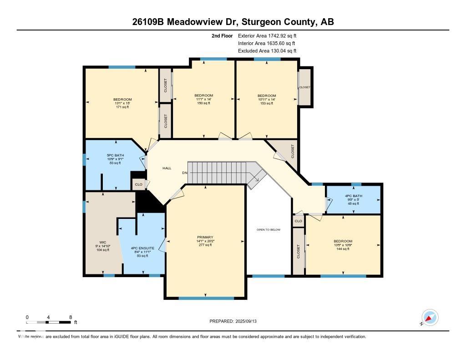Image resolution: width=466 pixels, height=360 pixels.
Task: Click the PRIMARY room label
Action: point(205,237)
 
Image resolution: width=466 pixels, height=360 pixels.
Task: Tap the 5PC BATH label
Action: point(116,155)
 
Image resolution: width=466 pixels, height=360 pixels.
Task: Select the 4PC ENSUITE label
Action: point(142,248)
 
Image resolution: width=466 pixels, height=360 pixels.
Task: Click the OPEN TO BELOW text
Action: point(268,230)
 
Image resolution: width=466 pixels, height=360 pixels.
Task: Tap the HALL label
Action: point(167,168)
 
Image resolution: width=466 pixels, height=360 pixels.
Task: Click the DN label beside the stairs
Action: point(185,173)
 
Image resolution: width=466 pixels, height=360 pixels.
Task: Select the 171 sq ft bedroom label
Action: point(122,100)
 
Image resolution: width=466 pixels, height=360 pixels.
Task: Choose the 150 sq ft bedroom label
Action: point(203,96)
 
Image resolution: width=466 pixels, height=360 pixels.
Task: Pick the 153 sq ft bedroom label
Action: point(266,96)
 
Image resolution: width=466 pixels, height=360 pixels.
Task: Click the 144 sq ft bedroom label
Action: point(343,241)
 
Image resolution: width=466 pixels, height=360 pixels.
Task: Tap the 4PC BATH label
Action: point(353,196)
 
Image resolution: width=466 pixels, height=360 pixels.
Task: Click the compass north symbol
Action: point(429,318)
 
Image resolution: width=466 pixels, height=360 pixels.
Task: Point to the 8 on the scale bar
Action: point(70,317)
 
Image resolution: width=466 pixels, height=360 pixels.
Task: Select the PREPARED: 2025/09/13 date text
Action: point(236,321)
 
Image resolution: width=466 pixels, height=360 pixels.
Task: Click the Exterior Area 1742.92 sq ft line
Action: point(267,35)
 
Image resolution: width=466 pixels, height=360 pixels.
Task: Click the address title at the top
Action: point(233,22)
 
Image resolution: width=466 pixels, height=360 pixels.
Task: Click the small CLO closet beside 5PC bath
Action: point(138,184)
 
